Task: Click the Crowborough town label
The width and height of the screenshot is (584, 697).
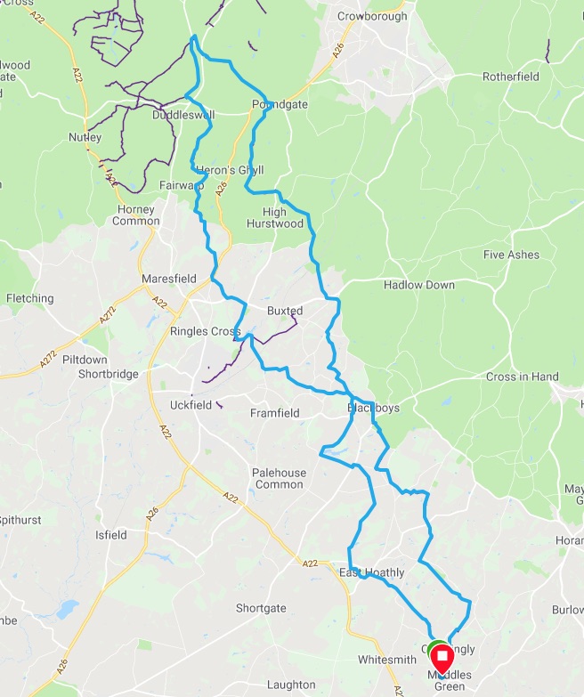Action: (372, 16)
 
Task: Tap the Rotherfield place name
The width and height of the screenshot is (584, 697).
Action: (511, 77)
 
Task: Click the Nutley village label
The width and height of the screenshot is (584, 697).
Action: (85, 137)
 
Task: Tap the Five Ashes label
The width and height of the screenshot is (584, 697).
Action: (511, 255)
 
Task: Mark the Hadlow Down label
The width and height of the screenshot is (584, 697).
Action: (418, 285)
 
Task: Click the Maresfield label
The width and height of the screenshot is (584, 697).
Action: (169, 279)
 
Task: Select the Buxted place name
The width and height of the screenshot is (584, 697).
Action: (285, 311)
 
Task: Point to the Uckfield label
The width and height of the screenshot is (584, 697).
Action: (191, 405)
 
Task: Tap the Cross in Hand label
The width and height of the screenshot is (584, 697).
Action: (522, 377)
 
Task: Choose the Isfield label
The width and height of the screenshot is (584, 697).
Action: (110, 535)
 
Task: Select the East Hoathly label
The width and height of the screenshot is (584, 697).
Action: (371, 572)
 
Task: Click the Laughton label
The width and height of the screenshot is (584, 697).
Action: (291, 685)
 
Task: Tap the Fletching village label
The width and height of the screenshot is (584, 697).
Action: (30, 298)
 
